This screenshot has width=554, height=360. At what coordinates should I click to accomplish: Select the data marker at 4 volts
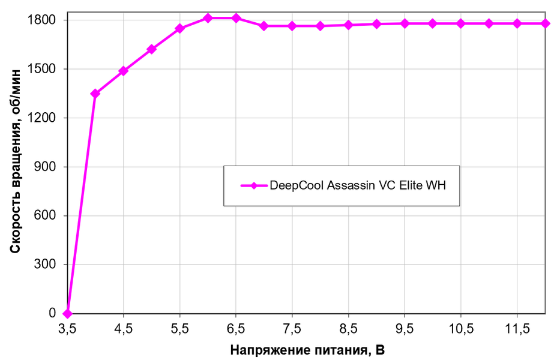(x=95, y=94)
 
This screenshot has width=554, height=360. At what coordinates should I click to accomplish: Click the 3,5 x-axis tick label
(x=67, y=329)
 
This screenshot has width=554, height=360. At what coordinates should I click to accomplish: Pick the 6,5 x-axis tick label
(x=236, y=329)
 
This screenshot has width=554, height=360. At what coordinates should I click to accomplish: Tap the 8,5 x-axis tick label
(x=348, y=329)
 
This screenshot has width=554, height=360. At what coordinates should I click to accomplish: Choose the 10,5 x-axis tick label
(x=460, y=329)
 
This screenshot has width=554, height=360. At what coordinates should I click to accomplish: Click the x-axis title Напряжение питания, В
(x=307, y=350)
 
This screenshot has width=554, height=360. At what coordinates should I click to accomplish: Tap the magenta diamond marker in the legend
(x=253, y=185)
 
